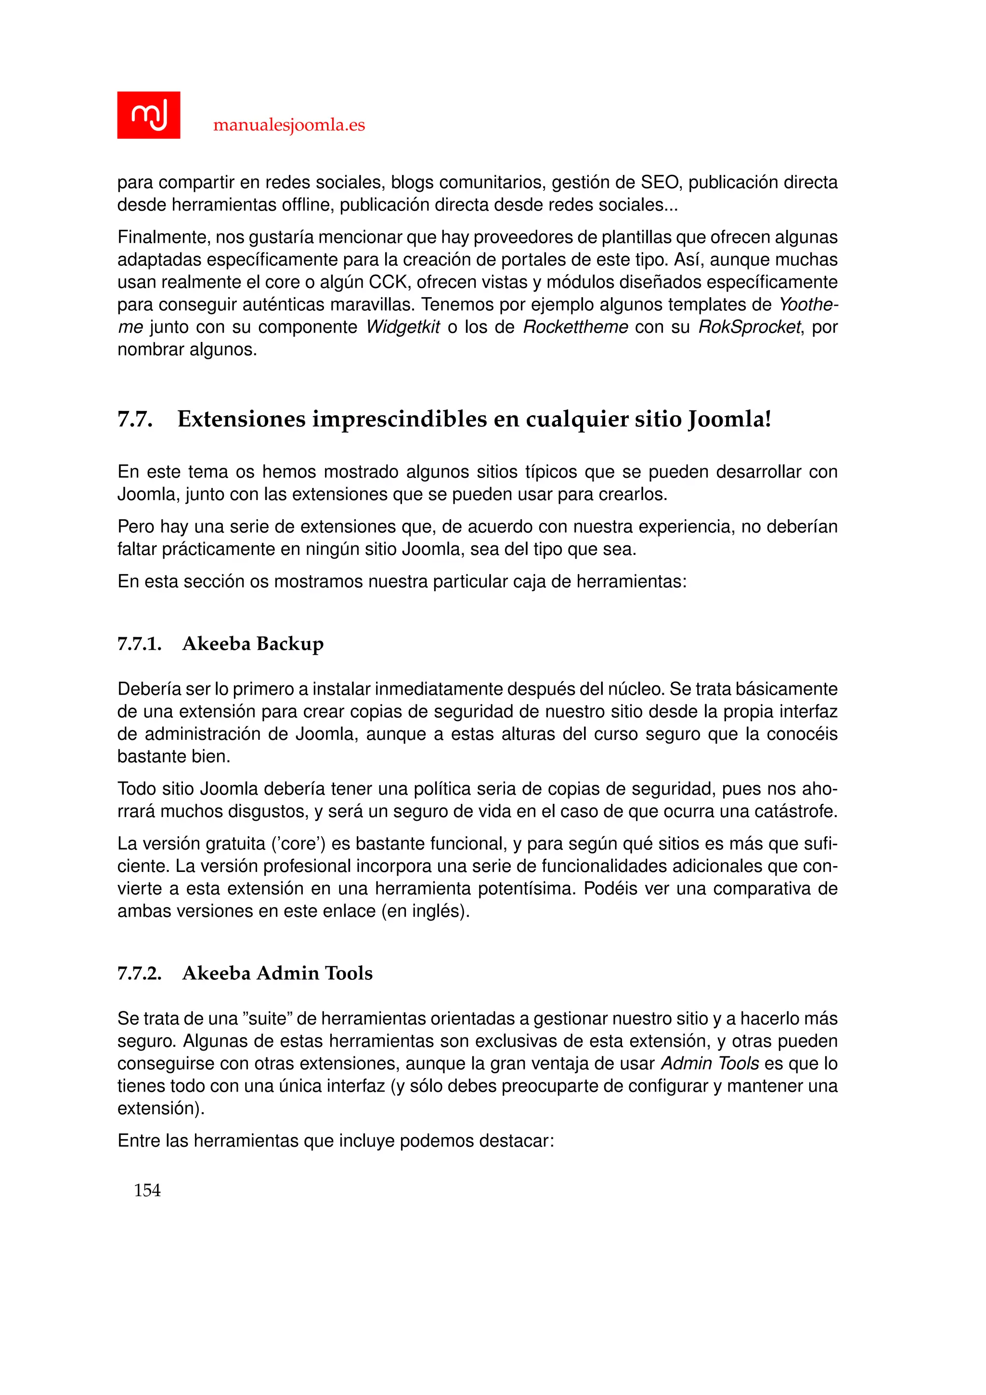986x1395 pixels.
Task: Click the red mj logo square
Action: click(148, 115)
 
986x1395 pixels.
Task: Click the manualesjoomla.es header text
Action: click(289, 125)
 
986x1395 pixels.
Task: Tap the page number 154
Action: click(147, 1190)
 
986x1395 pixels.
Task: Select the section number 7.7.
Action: click(134, 419)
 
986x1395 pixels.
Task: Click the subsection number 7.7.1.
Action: click(139, 644)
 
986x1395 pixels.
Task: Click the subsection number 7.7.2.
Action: click(139, 973)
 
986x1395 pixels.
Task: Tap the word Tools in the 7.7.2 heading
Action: click(349, 973)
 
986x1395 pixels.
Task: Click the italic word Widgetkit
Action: click(402, 327)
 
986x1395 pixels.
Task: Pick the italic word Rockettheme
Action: click(575, 327)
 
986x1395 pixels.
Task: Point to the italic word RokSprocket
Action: click(749, 327)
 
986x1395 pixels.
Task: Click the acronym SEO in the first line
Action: click(660, 182)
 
